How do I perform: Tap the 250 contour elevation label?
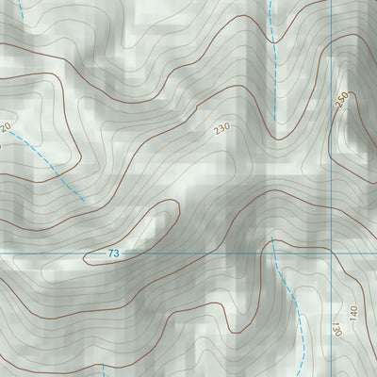click(x=341, y=101)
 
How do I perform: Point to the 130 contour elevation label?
click(x=335, y=330)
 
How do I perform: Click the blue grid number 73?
click(x=113, y=254)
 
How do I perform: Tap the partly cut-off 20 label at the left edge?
click(x=5, y=127)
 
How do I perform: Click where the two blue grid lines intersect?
click(x=331, y=253)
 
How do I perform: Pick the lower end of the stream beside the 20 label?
click(x=83, y=200)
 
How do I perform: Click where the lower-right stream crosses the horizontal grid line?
click(x=273, y=253)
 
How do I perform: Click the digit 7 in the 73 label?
click(x=109, y=254)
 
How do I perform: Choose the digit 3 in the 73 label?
click(x=117, y=254)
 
